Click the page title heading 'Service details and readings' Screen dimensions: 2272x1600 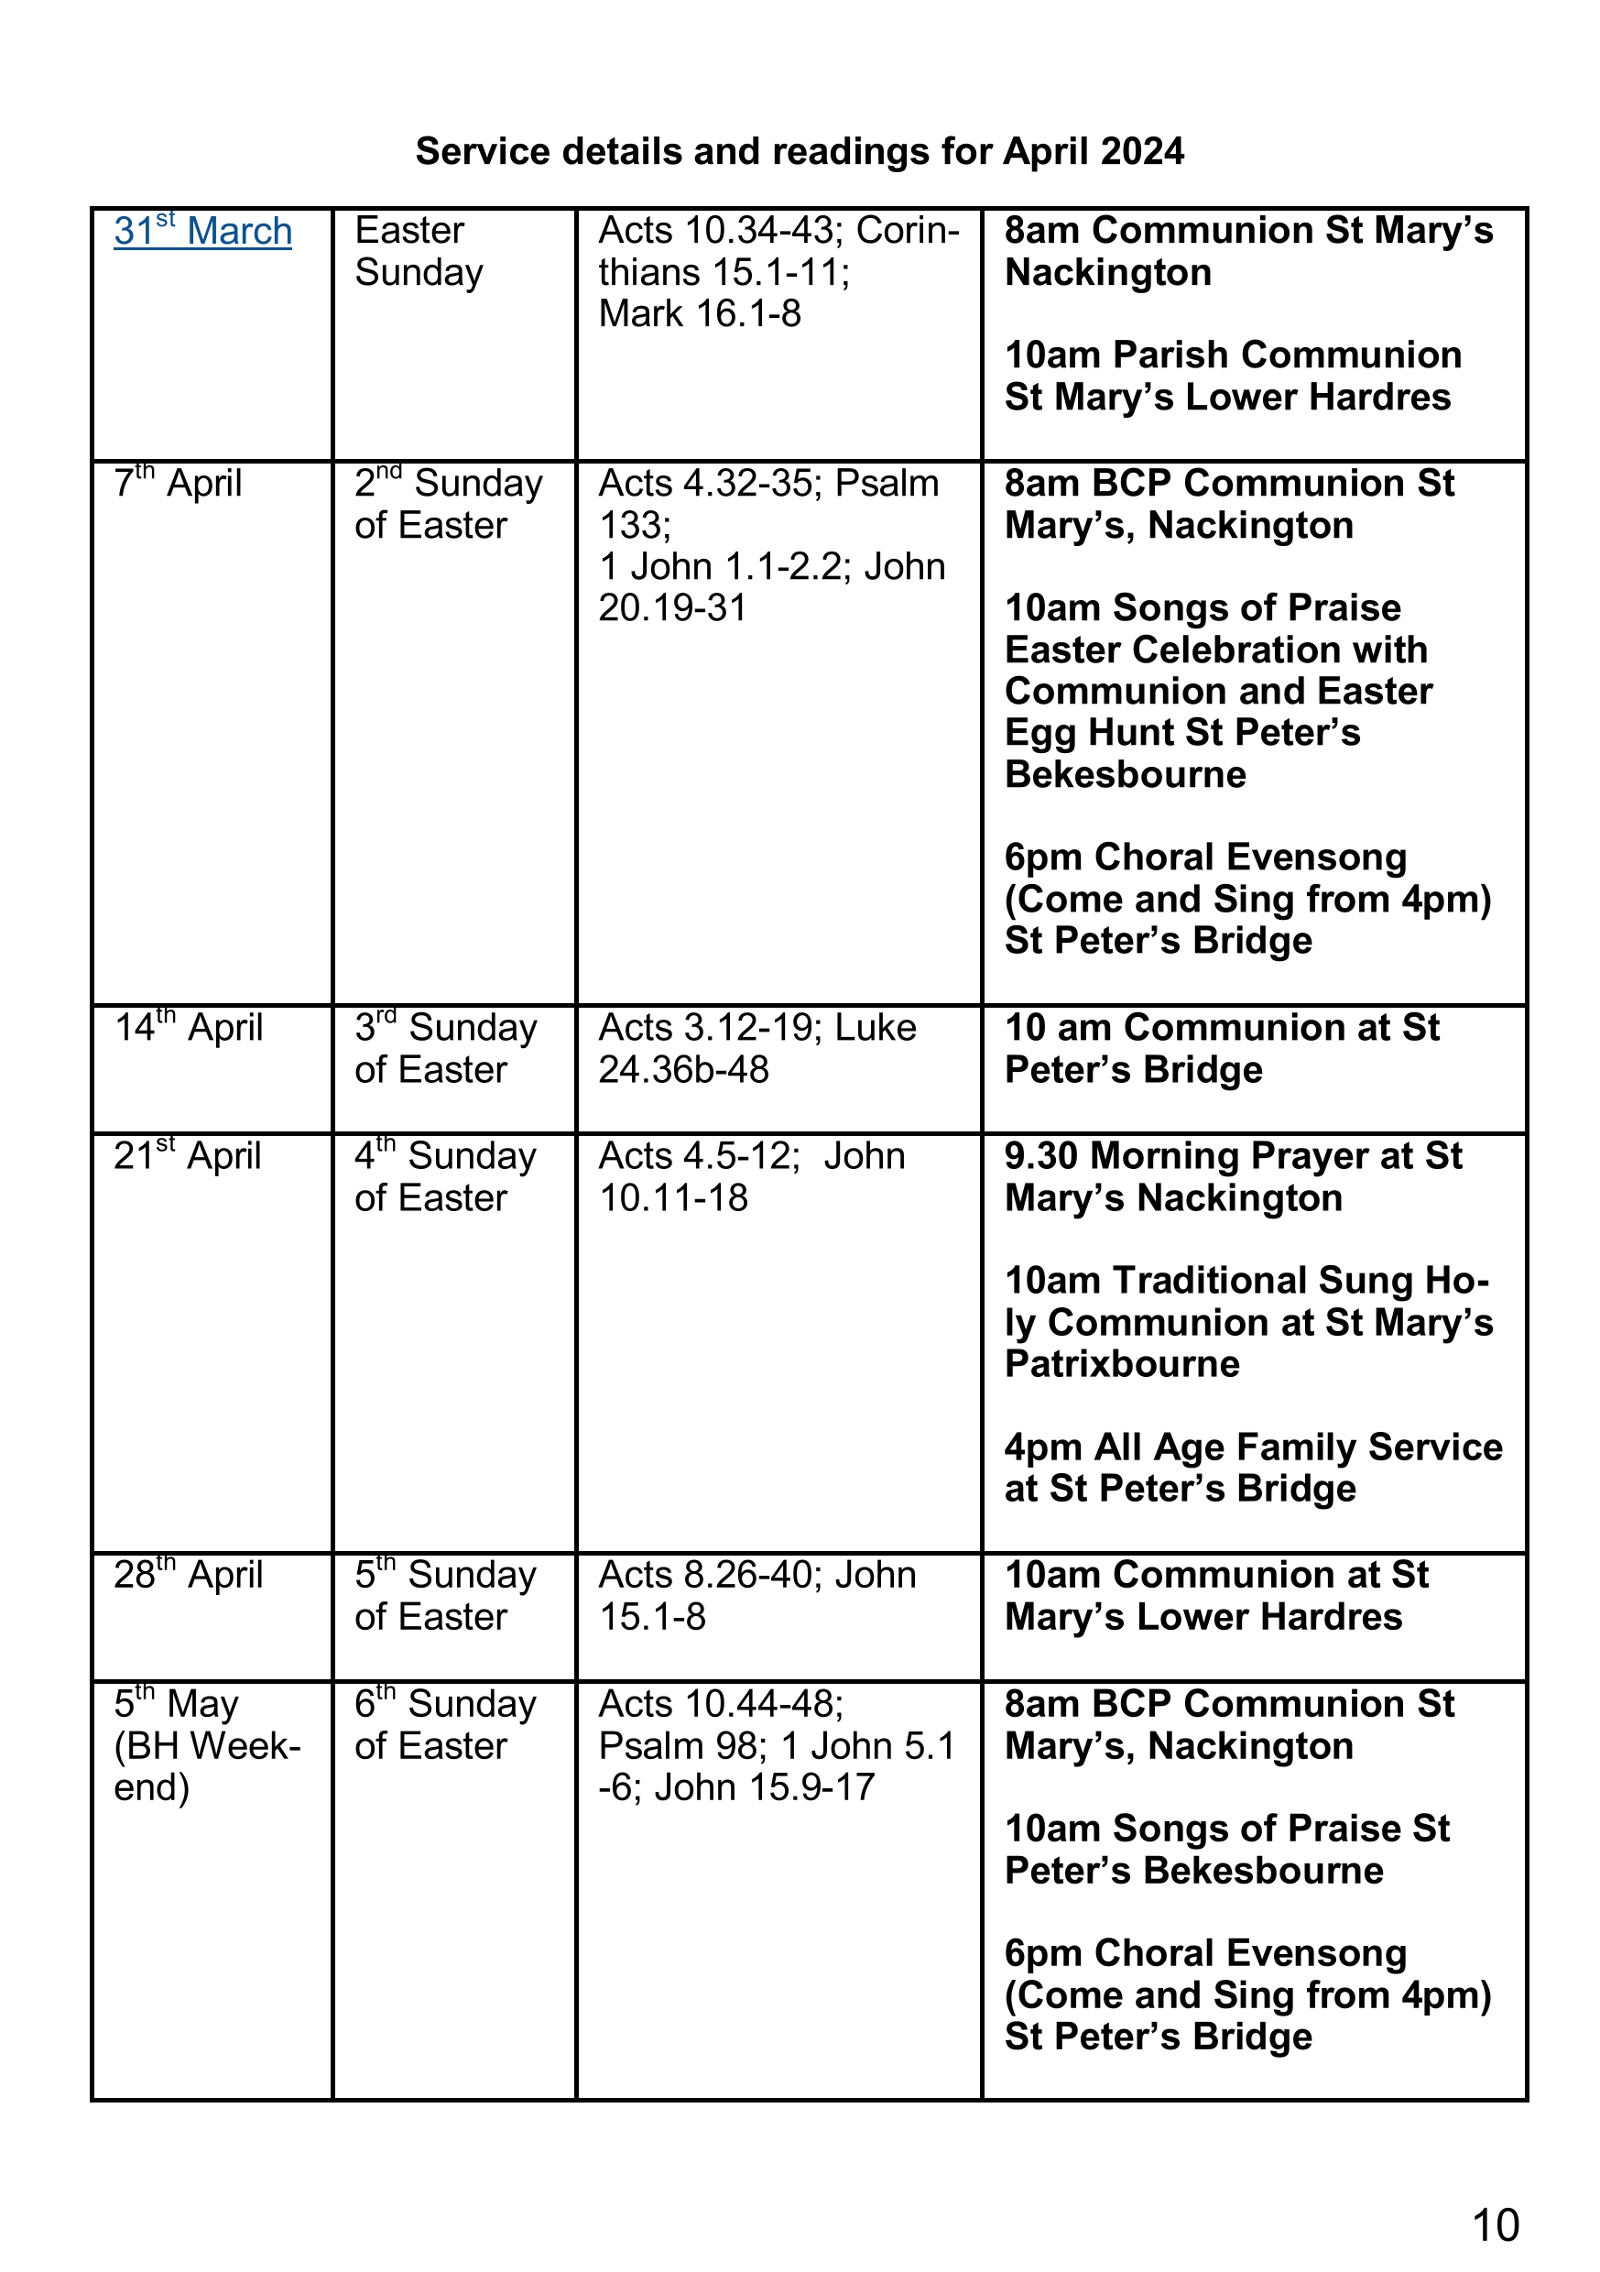[x=799, y=151]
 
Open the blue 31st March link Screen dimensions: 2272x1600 [x=202, y=232]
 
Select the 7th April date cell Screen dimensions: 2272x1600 [x=178, y=484]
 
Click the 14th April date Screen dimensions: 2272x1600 [x=188, y=1028]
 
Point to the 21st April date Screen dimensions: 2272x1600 [x=187, y=1156]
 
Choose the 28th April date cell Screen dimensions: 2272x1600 [x=188, y=1575]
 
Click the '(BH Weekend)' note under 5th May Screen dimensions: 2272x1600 [x=207, y=1766]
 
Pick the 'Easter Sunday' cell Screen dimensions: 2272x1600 [x=419, y=251]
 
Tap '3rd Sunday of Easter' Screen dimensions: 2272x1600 [x=445, y=1049]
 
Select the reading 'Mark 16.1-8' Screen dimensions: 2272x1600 [x=700, y=313]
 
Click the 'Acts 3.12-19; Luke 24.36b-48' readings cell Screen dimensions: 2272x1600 [x=757, y=1049]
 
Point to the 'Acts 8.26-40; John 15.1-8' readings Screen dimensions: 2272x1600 [x=757, y=1595]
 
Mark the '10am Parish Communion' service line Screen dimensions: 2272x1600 [x=1233, y=355]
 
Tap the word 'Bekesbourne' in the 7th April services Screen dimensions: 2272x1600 [x=1125, y=774]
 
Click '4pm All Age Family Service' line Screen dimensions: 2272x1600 [x=1253, y=1447]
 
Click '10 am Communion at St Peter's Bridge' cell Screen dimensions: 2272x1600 [x=1222, y=1049]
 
